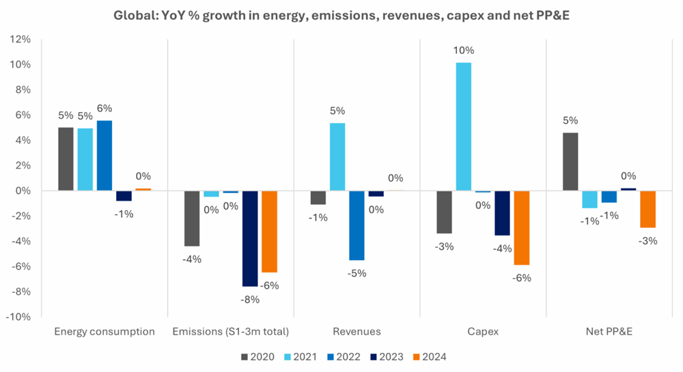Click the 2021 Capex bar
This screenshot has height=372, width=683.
pyautogui.click(x=463, y=126)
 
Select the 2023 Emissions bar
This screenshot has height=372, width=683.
pyautogui.click(x=250, y=238)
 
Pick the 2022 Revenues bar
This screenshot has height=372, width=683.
pyautogui.click(x=357, y=225)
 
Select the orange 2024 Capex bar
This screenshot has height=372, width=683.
pyautogui.click(x=522, y=227)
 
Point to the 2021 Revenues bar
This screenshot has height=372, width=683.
pyautogui.click(x=337, y=157)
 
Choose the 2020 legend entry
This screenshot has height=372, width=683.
pyautogui.click(x=257, y=356)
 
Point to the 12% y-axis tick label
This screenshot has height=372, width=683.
pyautogui.click(x=20, y=40)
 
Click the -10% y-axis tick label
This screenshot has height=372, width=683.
pyautogui.click(x=18, y=317)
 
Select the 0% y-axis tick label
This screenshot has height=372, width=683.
pyautogui.click(x=23, y=191)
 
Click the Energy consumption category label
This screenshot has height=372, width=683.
pyautogui.click(x=104, y=332)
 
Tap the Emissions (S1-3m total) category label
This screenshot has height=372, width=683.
pyautogui.click(x=231, y=332)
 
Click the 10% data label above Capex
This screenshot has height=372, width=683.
pyautogui.click(x=463, y=51)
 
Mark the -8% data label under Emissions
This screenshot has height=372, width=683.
pyautogui.click(x=250, y=298)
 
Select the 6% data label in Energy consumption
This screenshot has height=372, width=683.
pyautogui.click(x=104, y=108)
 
